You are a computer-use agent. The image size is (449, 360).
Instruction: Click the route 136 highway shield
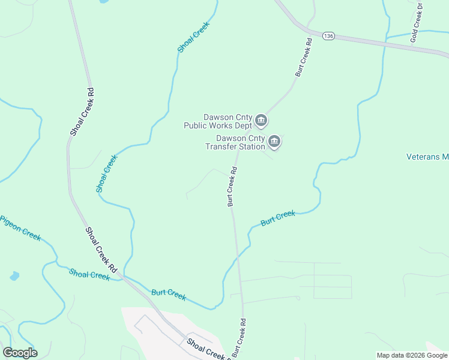click(328, 36)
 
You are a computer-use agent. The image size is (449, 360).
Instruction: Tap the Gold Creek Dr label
click(417, 22)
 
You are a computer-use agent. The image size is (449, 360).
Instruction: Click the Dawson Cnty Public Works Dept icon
click(261, 121)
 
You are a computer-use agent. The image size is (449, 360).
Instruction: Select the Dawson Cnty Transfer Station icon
click(274, 142)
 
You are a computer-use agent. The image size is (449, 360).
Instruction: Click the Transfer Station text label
click(235, 146)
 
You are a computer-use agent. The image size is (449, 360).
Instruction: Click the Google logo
click(20, 352)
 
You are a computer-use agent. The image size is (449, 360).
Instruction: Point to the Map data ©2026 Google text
click(412, 355)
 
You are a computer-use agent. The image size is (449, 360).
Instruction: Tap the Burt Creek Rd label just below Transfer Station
click(232, 186)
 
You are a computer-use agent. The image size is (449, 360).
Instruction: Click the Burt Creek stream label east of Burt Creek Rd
click(278, 218)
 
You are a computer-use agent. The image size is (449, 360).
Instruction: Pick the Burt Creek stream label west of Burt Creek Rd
click(169, 295)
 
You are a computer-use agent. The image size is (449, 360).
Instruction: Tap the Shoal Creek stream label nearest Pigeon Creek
click(89, 275)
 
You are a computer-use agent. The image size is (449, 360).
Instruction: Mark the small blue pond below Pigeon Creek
click(14, 276)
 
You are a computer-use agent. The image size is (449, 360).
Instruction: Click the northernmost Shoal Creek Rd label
click(78, 112)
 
